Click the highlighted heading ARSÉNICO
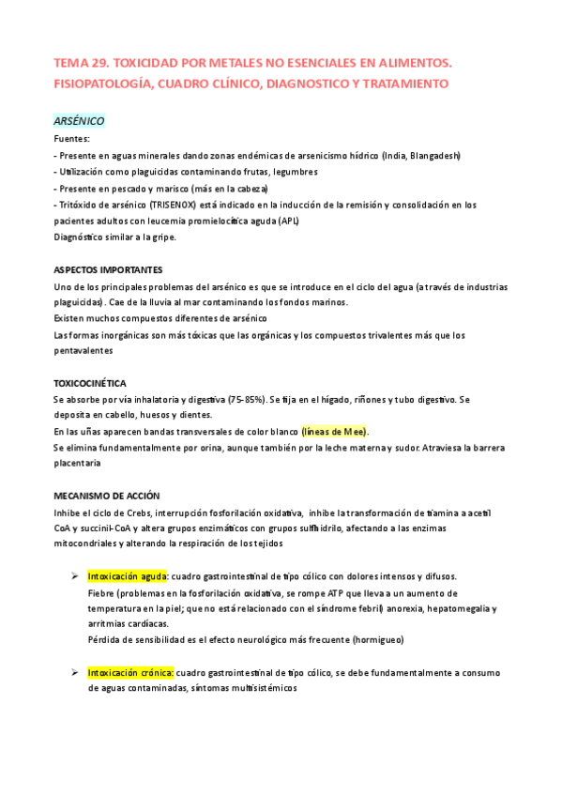[x=79, y=121]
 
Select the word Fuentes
[x=72, y=138]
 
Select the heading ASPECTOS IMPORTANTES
[x=108, y=268]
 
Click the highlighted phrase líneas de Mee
[x=335, y=431]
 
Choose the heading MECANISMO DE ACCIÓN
[x=107, y=496]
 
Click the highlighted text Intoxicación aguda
[x=128, y=576]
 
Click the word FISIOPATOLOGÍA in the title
[x=104, y=84]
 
